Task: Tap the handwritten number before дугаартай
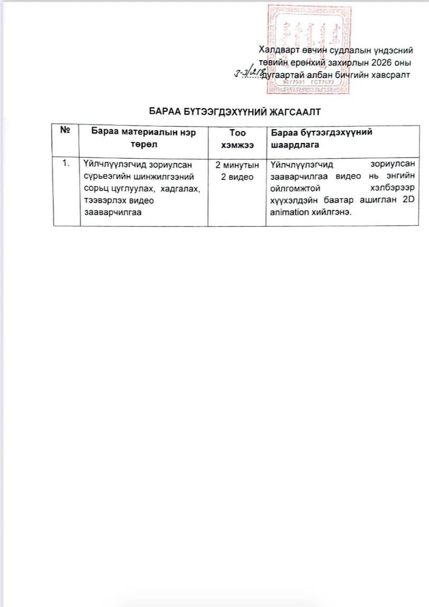point(252,74)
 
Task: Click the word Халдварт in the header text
point(279,51)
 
